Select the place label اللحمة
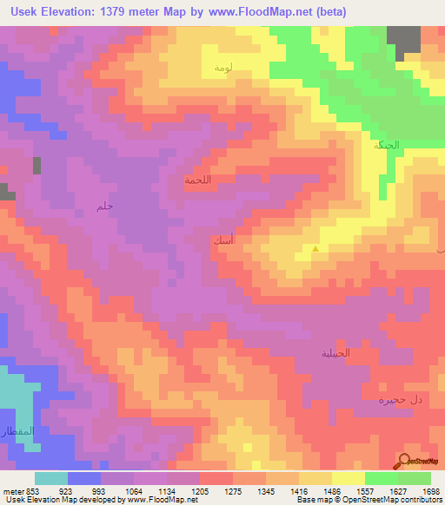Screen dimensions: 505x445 click(199, 180)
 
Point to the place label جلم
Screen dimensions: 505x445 click(105, 206)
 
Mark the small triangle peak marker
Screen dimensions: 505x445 click(315, 249)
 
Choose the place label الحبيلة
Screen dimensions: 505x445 click(335, 353)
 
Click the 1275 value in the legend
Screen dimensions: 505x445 click(224, 490)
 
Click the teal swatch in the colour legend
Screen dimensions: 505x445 click(50, 478)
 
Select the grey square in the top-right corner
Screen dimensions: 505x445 click(403, 42)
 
